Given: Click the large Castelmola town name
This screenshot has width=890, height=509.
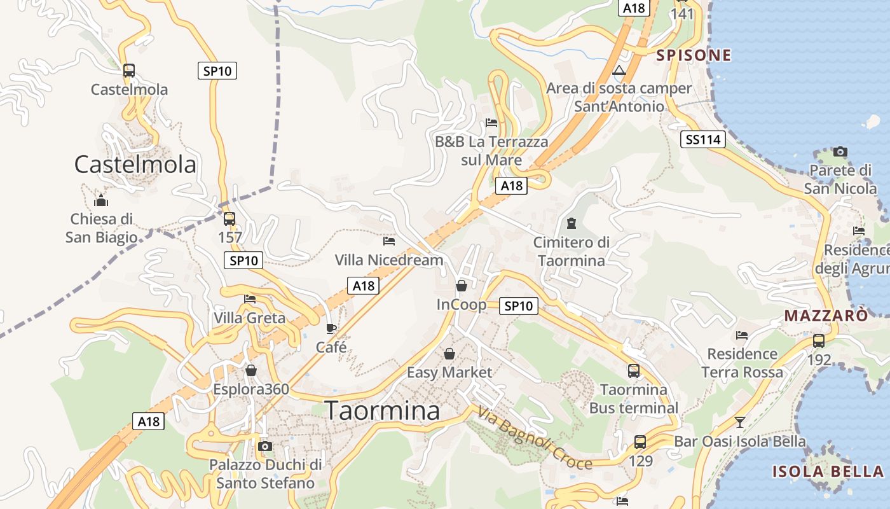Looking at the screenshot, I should coord(135,165).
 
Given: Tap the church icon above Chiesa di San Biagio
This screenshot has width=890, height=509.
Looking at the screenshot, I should coord(101,200).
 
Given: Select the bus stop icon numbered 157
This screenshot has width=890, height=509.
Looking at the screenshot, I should coord(229,219).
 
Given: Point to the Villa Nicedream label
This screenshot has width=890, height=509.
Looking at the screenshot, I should coord(389,260).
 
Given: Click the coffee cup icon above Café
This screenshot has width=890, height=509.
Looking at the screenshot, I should coord(331,328).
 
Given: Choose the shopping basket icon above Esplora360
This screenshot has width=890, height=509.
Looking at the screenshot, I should coord(251,370).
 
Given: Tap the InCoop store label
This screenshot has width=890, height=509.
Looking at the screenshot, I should coord(462,305).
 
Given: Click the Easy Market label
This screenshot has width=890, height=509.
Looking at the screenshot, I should coord(449,372).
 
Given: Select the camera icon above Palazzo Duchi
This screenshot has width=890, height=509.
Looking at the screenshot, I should coord(266,446).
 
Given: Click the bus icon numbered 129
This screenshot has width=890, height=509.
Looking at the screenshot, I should coord(640,442).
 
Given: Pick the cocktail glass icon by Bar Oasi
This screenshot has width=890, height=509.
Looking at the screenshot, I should coord(739,422).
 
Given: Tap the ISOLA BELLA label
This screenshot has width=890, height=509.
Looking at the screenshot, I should coord(828,471).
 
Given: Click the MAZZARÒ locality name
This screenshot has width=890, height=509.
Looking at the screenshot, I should coord(826,316).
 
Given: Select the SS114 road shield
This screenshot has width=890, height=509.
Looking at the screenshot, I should coord(702,140).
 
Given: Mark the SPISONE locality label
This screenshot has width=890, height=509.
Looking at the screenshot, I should coord(694,55).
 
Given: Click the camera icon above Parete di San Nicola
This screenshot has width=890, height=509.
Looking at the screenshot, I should coord(840,151).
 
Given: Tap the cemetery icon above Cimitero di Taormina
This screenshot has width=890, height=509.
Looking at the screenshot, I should coord(572,223).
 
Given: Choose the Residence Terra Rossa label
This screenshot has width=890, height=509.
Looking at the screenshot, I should coord(742,363).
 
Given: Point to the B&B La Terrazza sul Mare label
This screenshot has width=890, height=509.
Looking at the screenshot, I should coord(491,151).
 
